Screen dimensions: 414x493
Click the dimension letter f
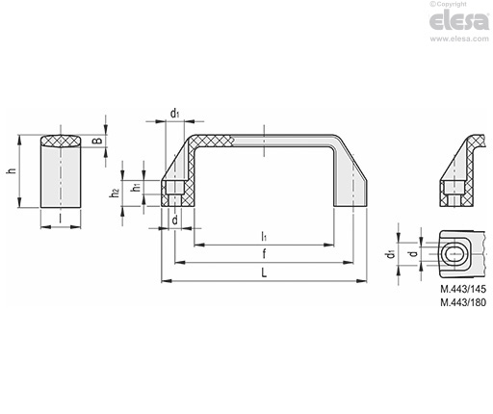pyautogui.click(x=265, y=254)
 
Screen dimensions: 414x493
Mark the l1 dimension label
pyautogui.click(x=265, y=236)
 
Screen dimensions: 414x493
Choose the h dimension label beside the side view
pyautogui.click(x=11, y=171)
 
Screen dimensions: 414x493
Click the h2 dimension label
pyautogui.click(x=114, y=193)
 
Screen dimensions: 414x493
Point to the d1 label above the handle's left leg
pyautogui.click(x=174, y=114)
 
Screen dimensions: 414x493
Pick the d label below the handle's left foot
pyautogui.click(x=174, y=220)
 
